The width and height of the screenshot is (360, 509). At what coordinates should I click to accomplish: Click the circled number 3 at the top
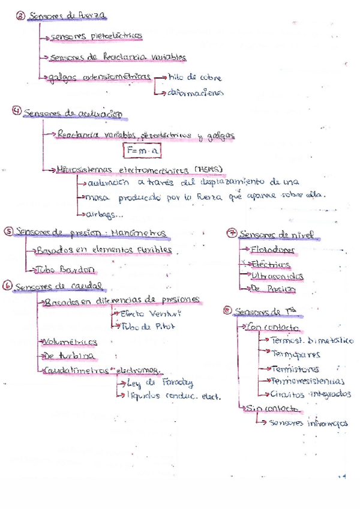tap(20, 17)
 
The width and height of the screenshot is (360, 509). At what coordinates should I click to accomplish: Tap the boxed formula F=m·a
tap(142, 150)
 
